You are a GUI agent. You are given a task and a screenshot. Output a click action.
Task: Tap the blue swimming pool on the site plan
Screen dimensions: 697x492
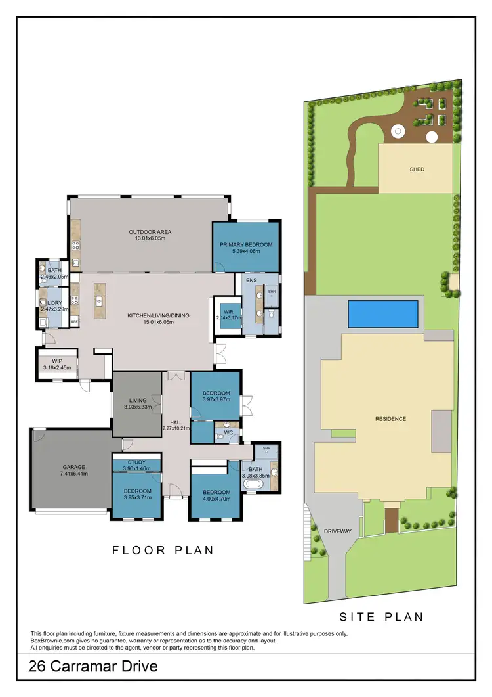(382, 314)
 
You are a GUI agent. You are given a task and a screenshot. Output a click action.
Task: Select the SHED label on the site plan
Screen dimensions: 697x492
(417, 169)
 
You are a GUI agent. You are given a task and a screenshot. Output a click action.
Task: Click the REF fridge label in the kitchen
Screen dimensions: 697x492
(74, 321)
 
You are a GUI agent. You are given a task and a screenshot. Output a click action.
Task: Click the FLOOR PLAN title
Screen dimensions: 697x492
(163, 550)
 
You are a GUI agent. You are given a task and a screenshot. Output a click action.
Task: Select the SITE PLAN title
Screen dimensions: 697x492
(380, 617)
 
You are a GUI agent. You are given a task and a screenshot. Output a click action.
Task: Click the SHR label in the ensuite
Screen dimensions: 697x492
(272, 292)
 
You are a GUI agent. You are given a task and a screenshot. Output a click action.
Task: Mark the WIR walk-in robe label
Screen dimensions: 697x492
(229, 311)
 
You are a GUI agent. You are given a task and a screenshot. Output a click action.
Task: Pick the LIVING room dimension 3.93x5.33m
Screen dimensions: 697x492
(137, 407)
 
